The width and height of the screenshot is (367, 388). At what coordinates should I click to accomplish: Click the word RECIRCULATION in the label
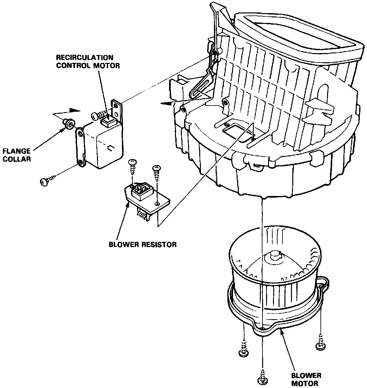pos(85,58)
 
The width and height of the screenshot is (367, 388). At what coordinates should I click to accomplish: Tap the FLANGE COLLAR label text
pos(16,155)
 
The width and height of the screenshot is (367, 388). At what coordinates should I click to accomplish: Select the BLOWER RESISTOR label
pos(143,244)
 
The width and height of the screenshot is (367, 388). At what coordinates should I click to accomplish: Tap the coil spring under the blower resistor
pos(142,216)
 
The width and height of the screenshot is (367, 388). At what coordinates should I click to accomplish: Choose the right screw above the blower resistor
pos(156,171)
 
